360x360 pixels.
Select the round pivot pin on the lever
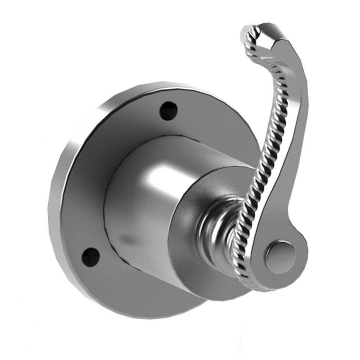pos(280,253)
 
